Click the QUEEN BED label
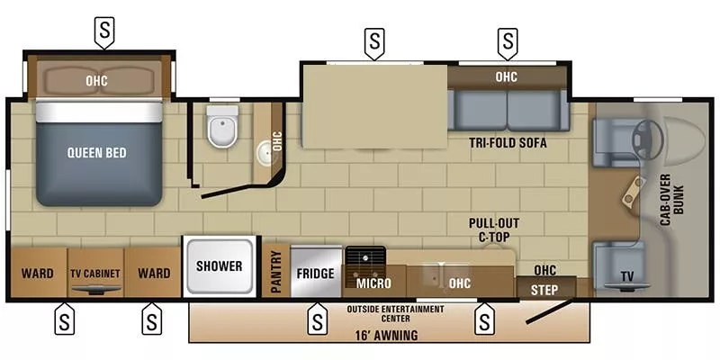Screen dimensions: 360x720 [x=96, y=153]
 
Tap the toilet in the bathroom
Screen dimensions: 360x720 [x=221, y=127]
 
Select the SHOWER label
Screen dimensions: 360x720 [x=220, y=265]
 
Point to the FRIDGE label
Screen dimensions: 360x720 [x=316, y=274]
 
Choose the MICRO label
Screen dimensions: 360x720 [x=372, y=283]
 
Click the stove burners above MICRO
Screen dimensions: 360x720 [x=365, y=259]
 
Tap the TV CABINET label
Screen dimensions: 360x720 [x=94, y=274]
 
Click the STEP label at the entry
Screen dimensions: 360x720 [x=544, y=289]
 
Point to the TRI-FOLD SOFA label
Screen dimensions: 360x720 [x=508, y=143]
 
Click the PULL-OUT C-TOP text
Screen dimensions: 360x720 [x=490, y=229]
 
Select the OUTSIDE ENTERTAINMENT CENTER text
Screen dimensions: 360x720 [x=395, y=314]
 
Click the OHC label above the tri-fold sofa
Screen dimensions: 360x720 [x=507, y=76]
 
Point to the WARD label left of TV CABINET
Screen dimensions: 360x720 [x=37, y=274]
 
